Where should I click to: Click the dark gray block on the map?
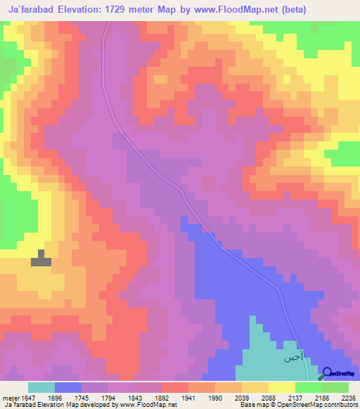click(x=41, y=259)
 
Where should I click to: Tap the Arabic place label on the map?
click(x=293, y=357)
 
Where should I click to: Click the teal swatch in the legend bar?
click(x=41, y=387)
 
